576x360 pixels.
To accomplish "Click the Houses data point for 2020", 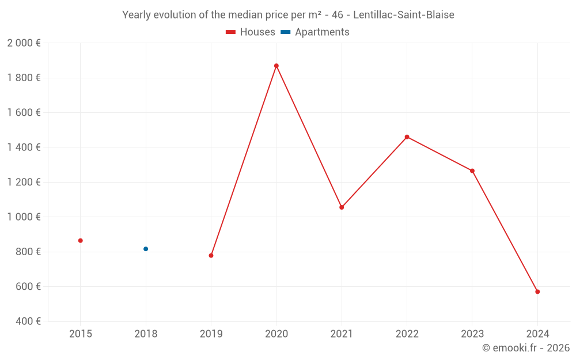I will click(276, 66).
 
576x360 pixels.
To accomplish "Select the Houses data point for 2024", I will click(537, 291).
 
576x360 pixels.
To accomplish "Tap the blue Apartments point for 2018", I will click(146, 249).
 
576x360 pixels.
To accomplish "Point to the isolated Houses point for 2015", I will click(81, 240).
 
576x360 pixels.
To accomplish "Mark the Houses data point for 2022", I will click(407, 137).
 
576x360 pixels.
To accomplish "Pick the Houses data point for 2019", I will click(211, 255).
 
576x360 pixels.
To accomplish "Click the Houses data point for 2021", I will click(342, 207).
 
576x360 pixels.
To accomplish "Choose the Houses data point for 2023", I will click(472, 170).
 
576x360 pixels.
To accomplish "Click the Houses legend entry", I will click(251, 32).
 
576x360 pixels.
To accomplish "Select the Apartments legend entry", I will click(315, 32).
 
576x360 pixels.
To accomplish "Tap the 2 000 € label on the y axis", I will click(24, 43).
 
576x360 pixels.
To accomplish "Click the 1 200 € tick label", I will click(24, 182).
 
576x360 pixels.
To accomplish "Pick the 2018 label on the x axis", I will click(146, 334).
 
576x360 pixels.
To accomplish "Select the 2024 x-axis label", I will click(537, 334).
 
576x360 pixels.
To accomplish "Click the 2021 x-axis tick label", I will click(342, 334).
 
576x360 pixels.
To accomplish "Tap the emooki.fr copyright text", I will click(525, 348).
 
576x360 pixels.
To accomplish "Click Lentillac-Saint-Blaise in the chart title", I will click(403, 15).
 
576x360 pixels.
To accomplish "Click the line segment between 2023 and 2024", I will click(505, 231).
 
